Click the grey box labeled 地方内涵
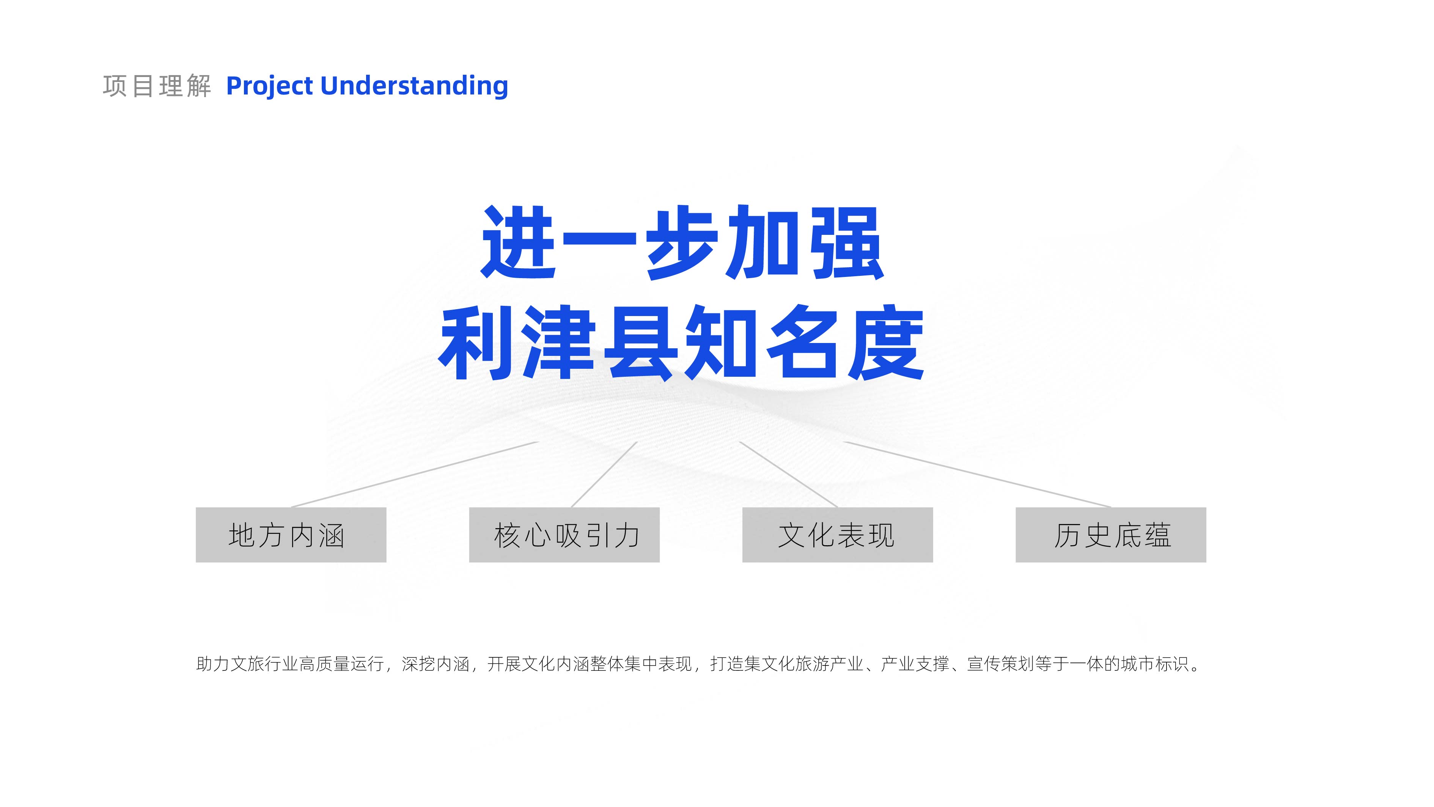[291, 535]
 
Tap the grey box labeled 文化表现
[838, 535]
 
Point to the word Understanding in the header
[415, 86]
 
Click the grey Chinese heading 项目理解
[157, 86]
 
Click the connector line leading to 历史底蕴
[978, 474]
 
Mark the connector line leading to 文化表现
[789, 474]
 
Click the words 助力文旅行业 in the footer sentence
[248, 664]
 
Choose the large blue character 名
[804, 342]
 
